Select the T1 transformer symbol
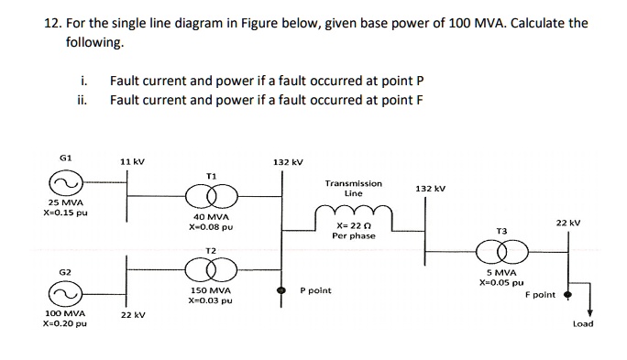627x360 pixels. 211,195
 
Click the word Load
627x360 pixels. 583,323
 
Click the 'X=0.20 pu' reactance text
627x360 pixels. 63,324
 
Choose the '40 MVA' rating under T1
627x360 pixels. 210,218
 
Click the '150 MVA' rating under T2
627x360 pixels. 210,289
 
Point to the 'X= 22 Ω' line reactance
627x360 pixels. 353,225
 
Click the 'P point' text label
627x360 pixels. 315,290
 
